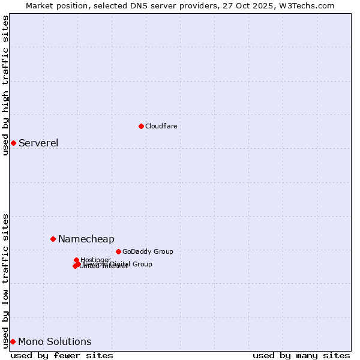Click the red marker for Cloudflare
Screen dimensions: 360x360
tap(141, 126)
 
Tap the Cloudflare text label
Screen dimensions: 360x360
tap(161, 126)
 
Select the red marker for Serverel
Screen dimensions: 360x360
tap(13, 143)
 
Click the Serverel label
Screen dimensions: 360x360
tap(38, 143)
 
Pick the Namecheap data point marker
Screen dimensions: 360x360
tap(53, 239)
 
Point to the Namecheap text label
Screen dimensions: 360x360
tap(86, 239)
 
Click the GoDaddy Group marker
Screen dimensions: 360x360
tap(118, 251)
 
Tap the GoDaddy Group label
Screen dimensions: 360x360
tap(148, 251)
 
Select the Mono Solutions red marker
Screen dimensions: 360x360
tap(13, 341)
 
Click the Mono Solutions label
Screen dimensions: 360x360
tap(55, 341)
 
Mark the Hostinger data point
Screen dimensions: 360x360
tap(77, 260)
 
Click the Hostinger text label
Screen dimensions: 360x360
tap(95, 260)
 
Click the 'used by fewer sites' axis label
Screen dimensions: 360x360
tap(62, 355)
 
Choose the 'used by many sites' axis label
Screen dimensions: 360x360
tap(301, 355)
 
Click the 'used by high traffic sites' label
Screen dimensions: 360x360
tap(5, 85)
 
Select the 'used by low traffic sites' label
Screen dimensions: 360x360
tap(5, 280)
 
